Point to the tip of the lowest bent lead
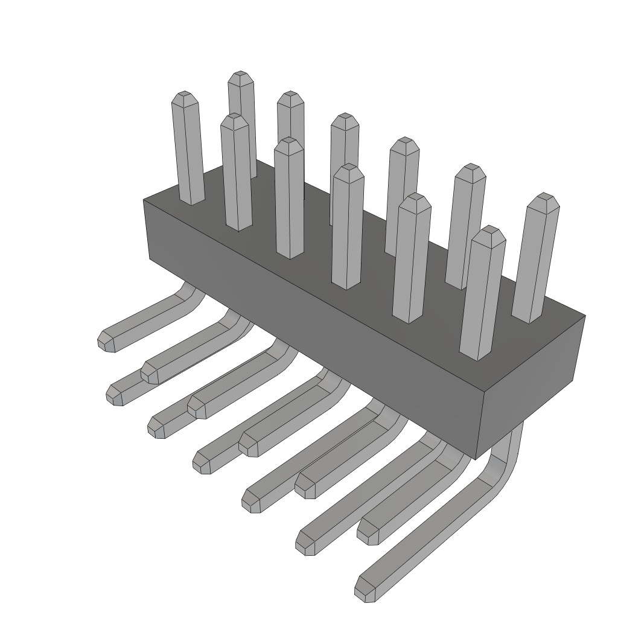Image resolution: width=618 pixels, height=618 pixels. [x=364, y=590]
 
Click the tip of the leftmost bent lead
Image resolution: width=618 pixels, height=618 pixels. [x=106, y=341]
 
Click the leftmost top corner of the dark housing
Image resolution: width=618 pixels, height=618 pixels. [x=144, y=200]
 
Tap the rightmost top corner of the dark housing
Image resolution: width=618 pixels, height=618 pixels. [x=585, y=316]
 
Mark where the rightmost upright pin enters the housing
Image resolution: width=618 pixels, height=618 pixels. [x=527, y=319]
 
